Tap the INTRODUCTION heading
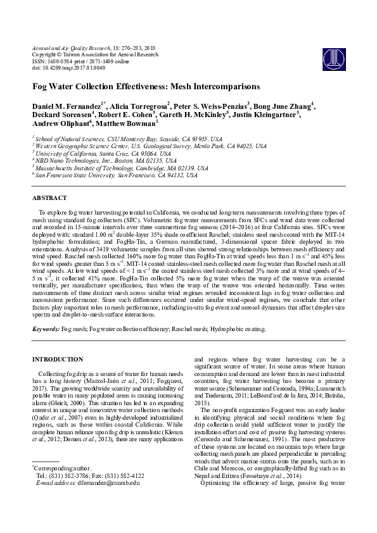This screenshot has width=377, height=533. click(x=58, y=359)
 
